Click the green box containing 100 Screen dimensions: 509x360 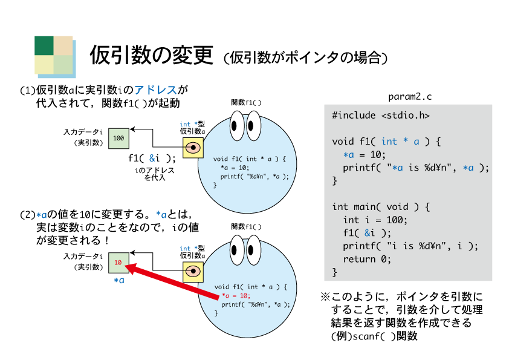[x=118, y=139]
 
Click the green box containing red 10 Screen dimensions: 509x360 [x=118, y=263]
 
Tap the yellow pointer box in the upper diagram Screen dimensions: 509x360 [x=193, y=148]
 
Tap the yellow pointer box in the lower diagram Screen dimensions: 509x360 [x=193, y=271]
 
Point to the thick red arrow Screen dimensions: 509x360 [x=172, y=281]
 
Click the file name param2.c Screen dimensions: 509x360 [x=410, y=97]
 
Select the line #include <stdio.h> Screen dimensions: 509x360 [x=381, y=116]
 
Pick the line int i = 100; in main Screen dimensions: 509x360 [x=375, y=220]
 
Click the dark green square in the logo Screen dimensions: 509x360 [x=44, y=45]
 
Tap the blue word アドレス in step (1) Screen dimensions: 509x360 [x=155, y=90]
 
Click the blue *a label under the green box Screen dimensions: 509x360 [x=119, y=280]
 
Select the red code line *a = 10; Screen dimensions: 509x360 [x=236, y=296]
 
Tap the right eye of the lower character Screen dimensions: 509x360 [x=253, y=250]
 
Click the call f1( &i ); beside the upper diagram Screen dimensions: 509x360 [x=152, y=159]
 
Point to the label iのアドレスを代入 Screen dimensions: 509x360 [x=155, y=174]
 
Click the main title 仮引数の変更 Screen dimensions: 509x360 [x=151, y=55]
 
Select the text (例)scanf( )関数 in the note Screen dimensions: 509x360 [x=374, y=336]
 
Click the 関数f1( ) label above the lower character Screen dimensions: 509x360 [x=246, y=226]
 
